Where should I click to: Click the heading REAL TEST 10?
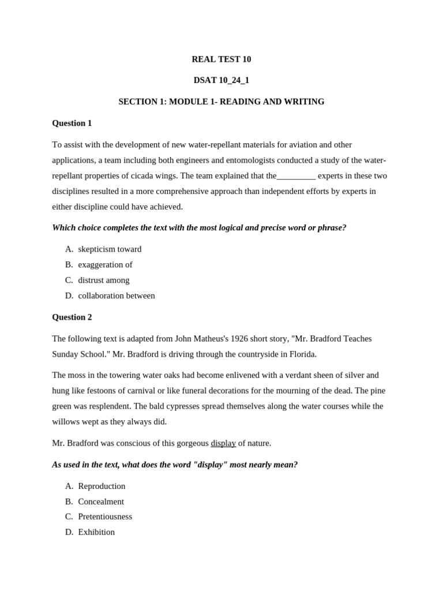click(x=221, y=59)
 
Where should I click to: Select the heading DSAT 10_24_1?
click(x=221, y=80)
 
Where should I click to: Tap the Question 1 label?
click(x=72, y=123)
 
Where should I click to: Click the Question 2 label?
click(x=72, y=317)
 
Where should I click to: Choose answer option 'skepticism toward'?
click(x=110, y=249)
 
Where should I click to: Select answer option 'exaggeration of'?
click(x=105, y=265)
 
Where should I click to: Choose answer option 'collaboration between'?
click(x=117, y=296)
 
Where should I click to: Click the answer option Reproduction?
click(x=102, y=486)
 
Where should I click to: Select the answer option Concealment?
click(x=101, y=502)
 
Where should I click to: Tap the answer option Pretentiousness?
click(x=105, y=517)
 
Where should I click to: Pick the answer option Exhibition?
click(x=96, y=532)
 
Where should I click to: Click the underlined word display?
click(x=223, y=443)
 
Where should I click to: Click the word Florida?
click(x=302, y=354)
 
